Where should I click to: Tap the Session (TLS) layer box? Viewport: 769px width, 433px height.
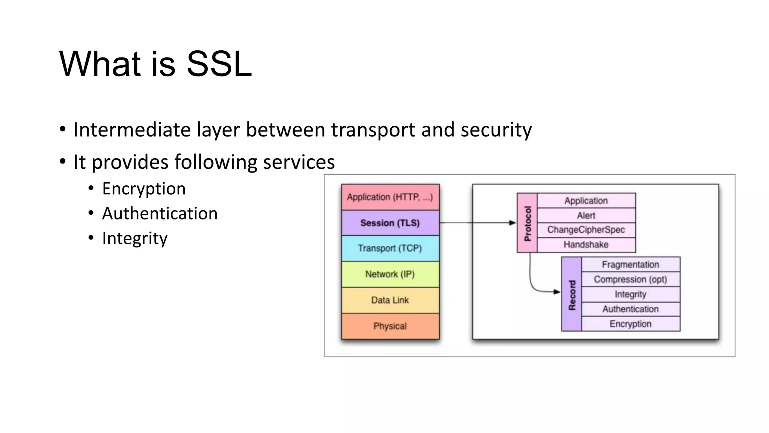click(390, 223)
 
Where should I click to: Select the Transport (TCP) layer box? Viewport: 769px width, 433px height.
click(390, 248)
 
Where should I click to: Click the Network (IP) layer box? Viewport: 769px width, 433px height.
click(390, 274)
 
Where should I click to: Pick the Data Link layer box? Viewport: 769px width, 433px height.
click(390, 300)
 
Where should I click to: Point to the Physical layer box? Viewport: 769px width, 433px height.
click(390, 326)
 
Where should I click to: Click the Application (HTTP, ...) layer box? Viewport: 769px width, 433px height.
click(390, 197)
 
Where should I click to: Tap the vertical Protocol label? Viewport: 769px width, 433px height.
click(527, 223)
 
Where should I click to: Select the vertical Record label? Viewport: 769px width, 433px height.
click(572, 295)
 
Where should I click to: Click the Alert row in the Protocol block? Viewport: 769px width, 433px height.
click(586, 215)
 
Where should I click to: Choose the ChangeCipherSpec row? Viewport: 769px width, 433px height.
click(586, 230)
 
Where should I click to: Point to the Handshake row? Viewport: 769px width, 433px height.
click(586, 245)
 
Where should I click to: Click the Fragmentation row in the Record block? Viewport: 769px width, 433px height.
click(630, 265)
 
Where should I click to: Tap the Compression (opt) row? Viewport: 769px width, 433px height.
click(630, 280)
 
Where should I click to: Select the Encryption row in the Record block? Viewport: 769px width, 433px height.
click(630, 324)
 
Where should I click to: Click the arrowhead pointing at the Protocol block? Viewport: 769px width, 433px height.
click(513, 223)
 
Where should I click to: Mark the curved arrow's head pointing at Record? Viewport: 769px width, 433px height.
click(557, 292)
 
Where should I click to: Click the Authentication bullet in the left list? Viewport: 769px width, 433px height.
click(160, 213)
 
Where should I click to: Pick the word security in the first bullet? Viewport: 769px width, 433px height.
click(496, 130)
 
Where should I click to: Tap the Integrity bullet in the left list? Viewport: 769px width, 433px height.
click(135, 238)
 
